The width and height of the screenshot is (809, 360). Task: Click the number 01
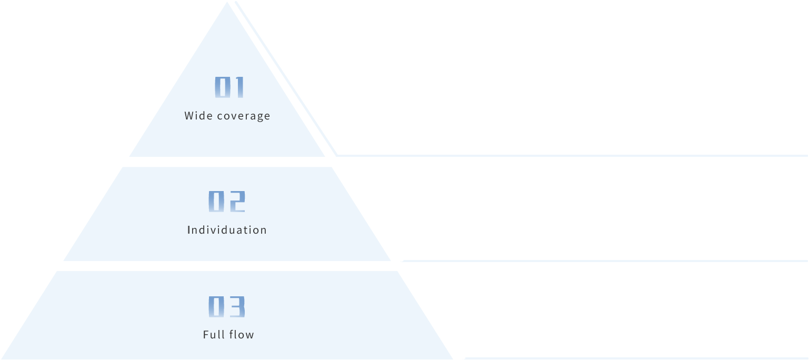click(229, 87)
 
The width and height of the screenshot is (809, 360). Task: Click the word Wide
click(196, 116)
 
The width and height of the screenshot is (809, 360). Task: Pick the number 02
click(227, 202)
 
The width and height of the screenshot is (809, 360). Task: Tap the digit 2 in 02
click(237, 202)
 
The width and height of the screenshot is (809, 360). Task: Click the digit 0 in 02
click(216, 202)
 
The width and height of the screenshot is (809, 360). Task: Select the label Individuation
click(227, 230)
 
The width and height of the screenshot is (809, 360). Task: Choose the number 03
click(227, 307)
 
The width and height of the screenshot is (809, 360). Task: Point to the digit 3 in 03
click(237, 307)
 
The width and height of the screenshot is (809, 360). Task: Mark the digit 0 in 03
click(216, 307)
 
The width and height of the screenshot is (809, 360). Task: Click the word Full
click(213, 335)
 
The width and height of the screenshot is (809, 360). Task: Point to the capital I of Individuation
click(189, 230)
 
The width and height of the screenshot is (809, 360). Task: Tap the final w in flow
click(250, 335)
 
